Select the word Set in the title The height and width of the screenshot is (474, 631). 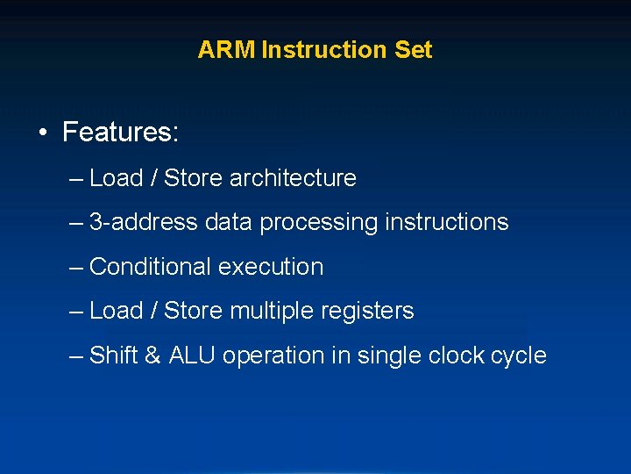(x=414, y=50)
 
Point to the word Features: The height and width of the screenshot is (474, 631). (x=121, y=133)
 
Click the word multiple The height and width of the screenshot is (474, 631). (x=269, y=311)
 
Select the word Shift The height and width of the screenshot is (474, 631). (x=114, y=355)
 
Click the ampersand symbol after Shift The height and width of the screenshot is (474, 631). (x=152, y=355)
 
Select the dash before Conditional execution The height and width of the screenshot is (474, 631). (x=76, y=267)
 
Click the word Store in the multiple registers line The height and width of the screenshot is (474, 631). (x=194, y=311)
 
